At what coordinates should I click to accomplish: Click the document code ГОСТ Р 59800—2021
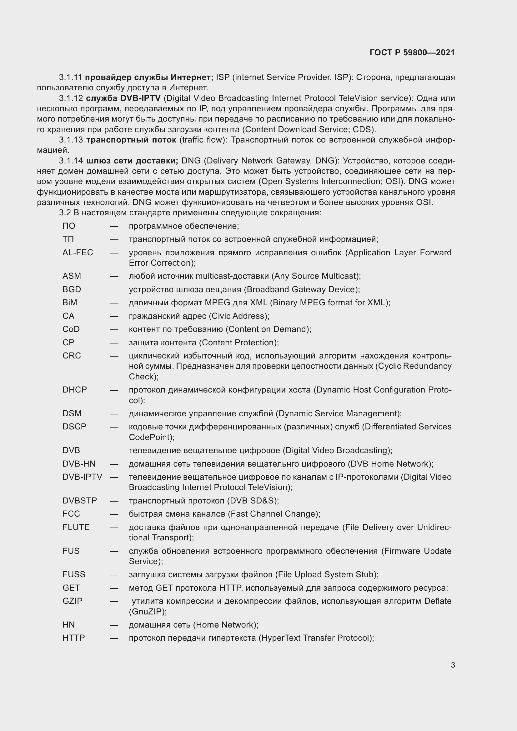click(x=412, y=53)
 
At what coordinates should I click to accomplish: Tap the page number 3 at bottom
click(x=453, y=665)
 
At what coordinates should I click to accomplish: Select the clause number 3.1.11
click(x=70, y=78)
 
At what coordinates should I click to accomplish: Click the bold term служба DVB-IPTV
click(x=123, y=98)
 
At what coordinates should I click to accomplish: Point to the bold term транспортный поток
click(x=131, y=140)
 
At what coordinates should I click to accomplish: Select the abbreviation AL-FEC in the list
click(x=78, y=253)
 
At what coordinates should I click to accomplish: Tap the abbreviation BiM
click(x=70, y=303)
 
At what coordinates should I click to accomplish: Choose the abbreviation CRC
click(x=72, y=356)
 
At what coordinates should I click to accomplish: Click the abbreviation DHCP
click(x=74, y=390)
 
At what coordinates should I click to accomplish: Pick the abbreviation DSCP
click(x=74, y=427)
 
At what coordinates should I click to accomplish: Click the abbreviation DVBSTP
click(x=80, y=500)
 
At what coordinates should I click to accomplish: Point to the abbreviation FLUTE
click(x=76, y=527)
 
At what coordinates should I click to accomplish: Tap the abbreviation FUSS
click(x=74, y=574)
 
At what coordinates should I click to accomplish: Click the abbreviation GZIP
click(x=72, y=601)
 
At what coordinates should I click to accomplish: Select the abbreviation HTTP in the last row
click(x=73, y=638)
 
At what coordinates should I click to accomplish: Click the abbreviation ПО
click(x=69, y=226)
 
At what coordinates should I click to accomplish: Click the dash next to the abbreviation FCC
click(x=114, y=514)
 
